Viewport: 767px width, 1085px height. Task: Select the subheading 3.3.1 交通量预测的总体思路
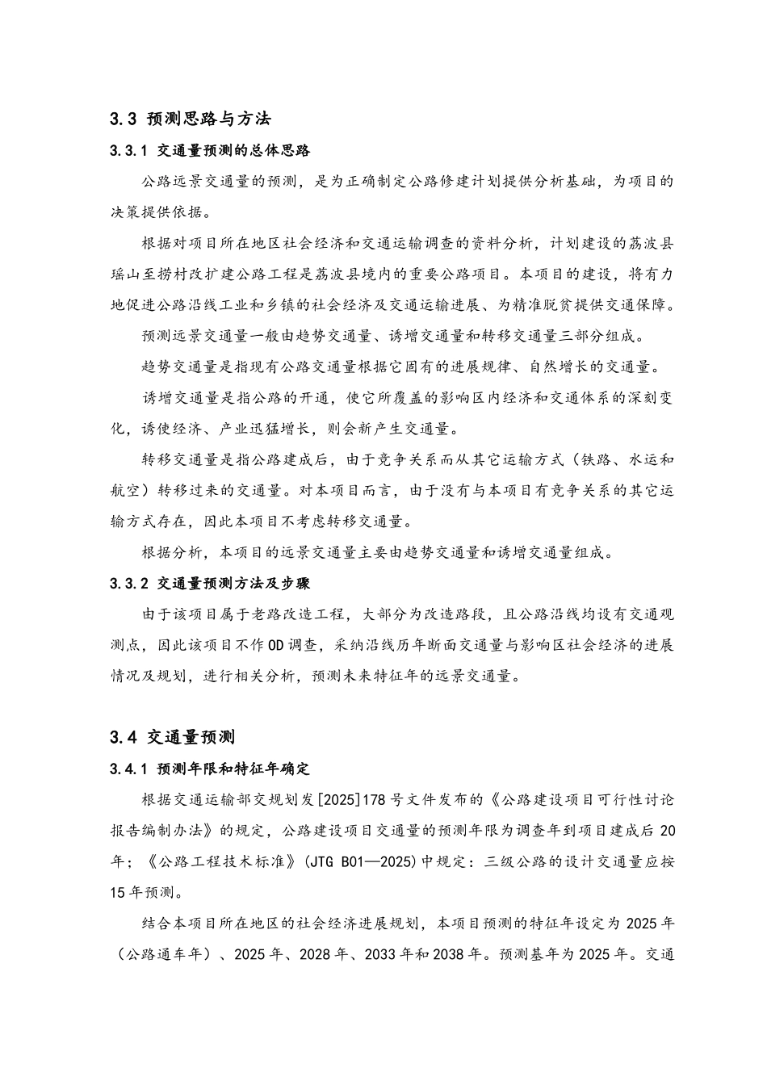click(210, 150)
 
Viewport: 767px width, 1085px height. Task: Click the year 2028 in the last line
click(316, 954)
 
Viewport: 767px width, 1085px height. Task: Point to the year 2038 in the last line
click(450, 954)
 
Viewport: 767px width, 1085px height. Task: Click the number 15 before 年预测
click(117, 892)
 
